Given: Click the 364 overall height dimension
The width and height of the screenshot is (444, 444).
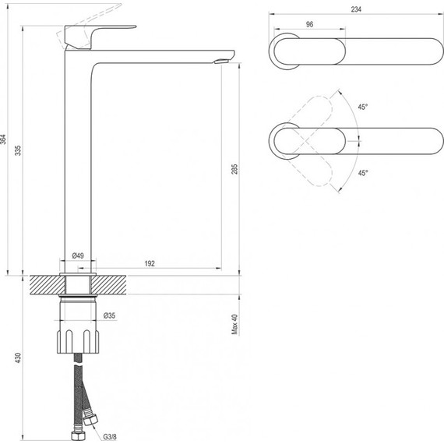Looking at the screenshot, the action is (3, 139).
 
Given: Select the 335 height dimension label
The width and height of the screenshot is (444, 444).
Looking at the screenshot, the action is (18, 150).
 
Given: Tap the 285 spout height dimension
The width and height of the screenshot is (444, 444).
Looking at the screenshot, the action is (234, 169).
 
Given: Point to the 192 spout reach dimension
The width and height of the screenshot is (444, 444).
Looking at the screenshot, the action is (150, 263).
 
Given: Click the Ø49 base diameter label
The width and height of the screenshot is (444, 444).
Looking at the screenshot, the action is (78, 255).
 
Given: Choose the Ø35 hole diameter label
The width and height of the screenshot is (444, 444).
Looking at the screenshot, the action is (110, 315).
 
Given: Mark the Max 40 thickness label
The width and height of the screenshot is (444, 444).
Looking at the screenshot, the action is (234, 324).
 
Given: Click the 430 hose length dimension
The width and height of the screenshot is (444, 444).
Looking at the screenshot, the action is (18, 358).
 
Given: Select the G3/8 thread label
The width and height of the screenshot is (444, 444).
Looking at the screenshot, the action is (110, 437).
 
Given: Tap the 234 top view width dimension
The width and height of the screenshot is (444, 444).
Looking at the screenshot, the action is (356, 9).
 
